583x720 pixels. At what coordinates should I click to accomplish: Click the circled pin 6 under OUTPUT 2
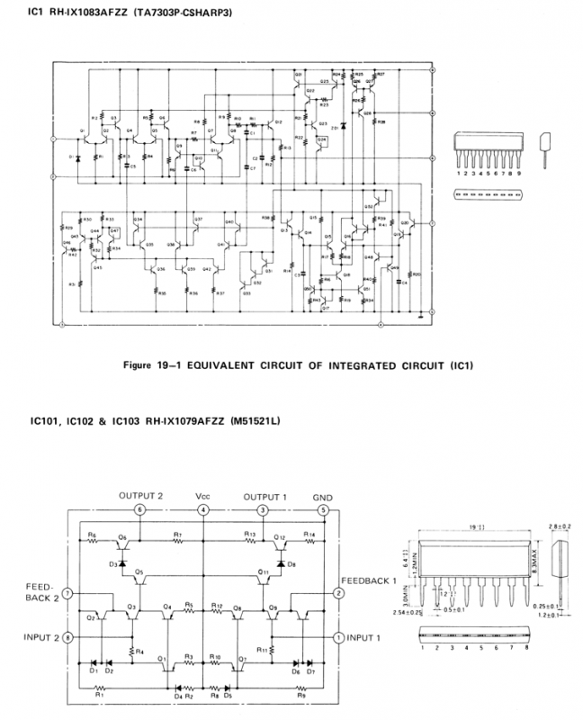tap(139, 510)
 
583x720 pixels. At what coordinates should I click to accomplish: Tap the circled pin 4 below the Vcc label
tap(204, 510)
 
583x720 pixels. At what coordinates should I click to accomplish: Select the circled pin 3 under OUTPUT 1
tap(262, 510)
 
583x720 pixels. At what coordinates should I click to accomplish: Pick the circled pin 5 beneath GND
tap(323, 510)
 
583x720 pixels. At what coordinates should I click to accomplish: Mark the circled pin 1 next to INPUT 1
tap(338, 637)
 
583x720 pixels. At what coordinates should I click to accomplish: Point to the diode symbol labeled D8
tap(281, 564)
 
